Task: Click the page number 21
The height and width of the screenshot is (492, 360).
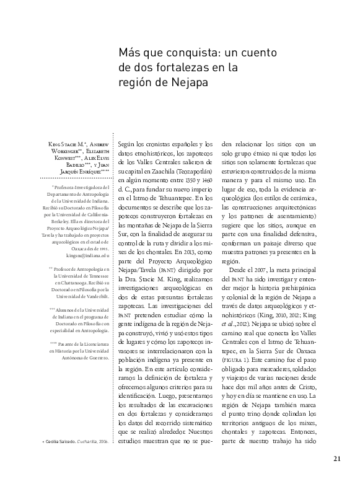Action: pyautogui.click(x=337, y=475)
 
